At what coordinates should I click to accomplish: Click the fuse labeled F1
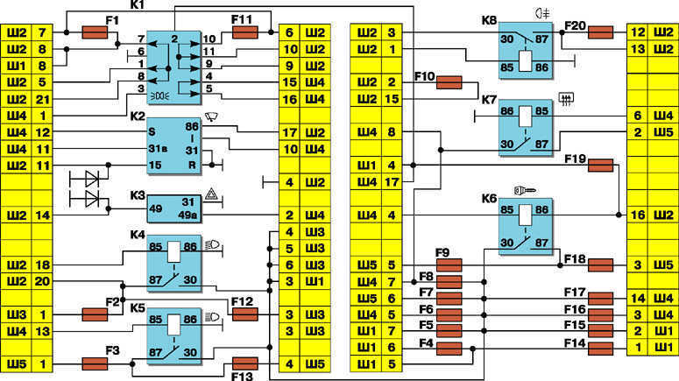(x=95, y=32)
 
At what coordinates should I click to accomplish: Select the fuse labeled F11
(x=245, y=32)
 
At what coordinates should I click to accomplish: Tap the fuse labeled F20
(x=601, y=32)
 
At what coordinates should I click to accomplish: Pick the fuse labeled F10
(x=449, y=82)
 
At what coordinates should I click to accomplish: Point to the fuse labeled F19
(x=601, y=166)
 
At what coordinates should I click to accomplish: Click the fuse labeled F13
(x=245, y=364)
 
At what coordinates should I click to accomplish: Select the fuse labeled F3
(x=95, y=364)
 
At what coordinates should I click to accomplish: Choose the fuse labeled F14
(x=601, y=348)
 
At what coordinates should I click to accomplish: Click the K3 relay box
(x=174, y=208)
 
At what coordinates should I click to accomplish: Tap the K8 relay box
(x=526, y=50)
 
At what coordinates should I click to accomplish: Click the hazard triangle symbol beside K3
(x=211, y=194)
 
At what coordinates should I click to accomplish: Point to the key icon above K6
(x=525, y=190)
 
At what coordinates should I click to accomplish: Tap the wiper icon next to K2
(x=211, y=116)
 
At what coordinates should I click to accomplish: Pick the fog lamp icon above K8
(x=542, y=13)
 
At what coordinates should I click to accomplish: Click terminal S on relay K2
(x=152, y=132)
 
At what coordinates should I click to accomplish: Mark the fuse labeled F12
(x=245, y=314)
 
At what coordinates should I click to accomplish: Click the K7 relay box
(x=526, y=128)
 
